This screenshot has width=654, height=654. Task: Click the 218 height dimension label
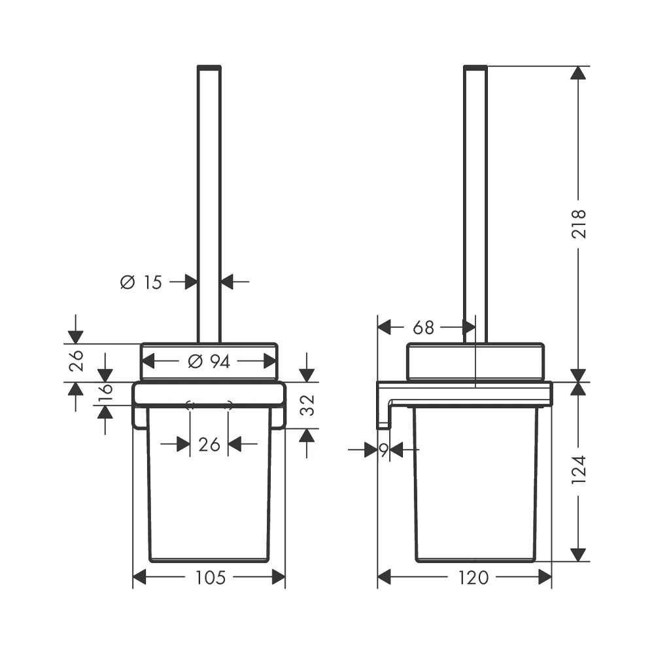pyautogui.click(x=579, y=224)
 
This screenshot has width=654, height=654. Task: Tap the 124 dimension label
pyautogui.click(x=579, y=469)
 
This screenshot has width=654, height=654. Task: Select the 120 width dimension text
pyautogui.click(x=473, y=577)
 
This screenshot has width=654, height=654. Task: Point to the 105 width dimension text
pyautogui.click(x=210, y=577)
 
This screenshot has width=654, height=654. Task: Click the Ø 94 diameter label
pyautogui.click(x=209, y=361)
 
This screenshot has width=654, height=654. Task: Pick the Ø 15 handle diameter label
pyautogui.click(x=141, y=283)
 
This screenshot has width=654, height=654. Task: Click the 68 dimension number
pyautogui.click(x=423, y=328)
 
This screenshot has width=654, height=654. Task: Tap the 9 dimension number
pyautogui.click(x=384, y=450)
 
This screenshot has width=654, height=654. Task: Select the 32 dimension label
pyautogui.click(x=307, y=405)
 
